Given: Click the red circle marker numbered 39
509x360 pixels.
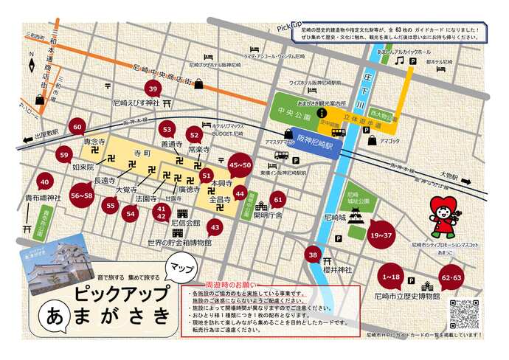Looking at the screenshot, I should pyautogui.click(x=153, y=89).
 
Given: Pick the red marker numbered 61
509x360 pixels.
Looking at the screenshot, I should pyautogui.click(x=277, y=199).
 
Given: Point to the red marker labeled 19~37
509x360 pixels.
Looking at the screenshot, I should pyautogui.click(x=381, y=235).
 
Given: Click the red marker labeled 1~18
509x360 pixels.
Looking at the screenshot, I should pyautogui.click(x=391, y=277).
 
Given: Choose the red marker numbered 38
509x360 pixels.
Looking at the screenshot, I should pyautogui.click(x=314, y=255).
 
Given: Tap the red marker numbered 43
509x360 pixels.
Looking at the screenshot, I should pyautogui.click(x=215, y=226).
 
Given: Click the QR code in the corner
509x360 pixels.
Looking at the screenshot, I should pyautogui.click(x=463, y=314).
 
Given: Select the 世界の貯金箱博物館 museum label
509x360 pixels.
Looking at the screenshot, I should pyautogui.click(x=179, y=242).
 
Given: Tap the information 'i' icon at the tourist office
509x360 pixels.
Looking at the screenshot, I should pyautogui.click(x=322, y=114).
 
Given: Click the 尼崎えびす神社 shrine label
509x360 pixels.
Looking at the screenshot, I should pyautogui.click(x=136, y=103).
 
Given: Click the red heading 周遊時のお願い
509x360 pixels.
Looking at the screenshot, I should pyautogui.click(x=230, y=284).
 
